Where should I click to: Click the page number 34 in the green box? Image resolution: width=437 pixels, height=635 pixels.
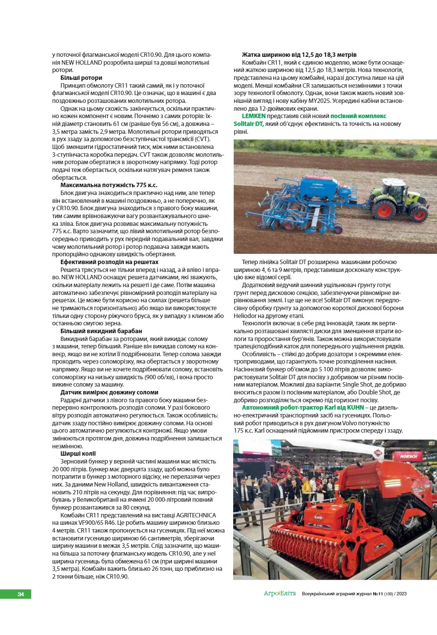(x=21, y=594)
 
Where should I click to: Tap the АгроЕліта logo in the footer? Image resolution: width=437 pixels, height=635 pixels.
(x=280, y=593)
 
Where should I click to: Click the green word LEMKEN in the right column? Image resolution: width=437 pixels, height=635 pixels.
(x=254, y=116)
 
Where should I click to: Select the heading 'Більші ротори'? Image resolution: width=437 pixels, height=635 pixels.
(x=81, y=77)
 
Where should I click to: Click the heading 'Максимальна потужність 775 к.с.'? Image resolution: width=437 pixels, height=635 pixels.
(x=109, y=185)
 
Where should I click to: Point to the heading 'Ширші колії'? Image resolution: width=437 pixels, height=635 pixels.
(x=78, y=454)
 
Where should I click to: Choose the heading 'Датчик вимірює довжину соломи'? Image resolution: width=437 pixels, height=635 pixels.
(x=109, y=392)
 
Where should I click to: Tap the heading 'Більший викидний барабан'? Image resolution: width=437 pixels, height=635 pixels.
(x=101, y=331)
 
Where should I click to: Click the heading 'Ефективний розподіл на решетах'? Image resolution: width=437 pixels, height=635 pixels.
(x=109, y=262)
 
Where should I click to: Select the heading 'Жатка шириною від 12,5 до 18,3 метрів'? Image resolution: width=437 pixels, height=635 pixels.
(x=299, y=54)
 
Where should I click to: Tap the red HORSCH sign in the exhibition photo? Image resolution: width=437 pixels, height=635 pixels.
(x=407, y=456)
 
